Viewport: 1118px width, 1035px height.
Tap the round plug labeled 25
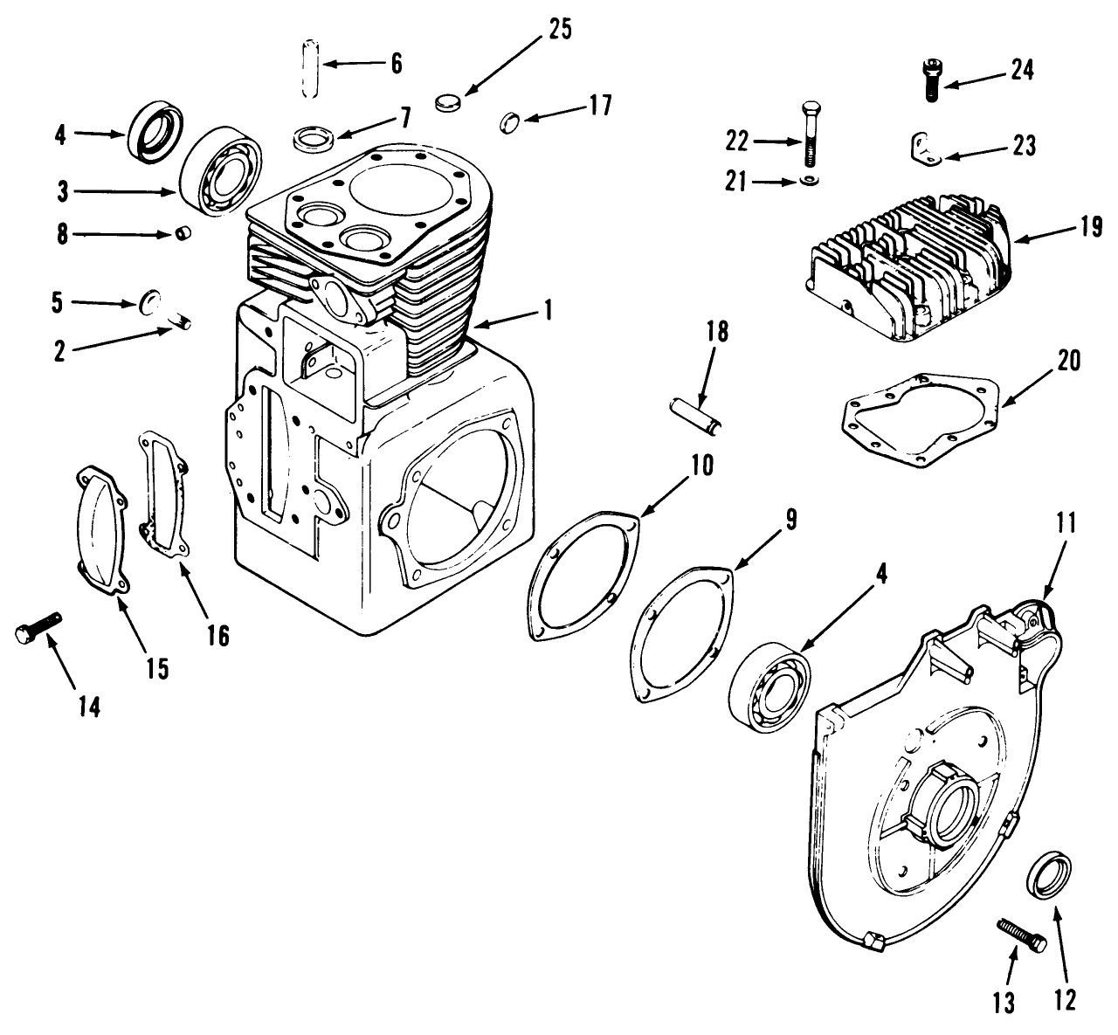coord(446,103)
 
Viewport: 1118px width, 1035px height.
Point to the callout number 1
coord(548,310)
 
